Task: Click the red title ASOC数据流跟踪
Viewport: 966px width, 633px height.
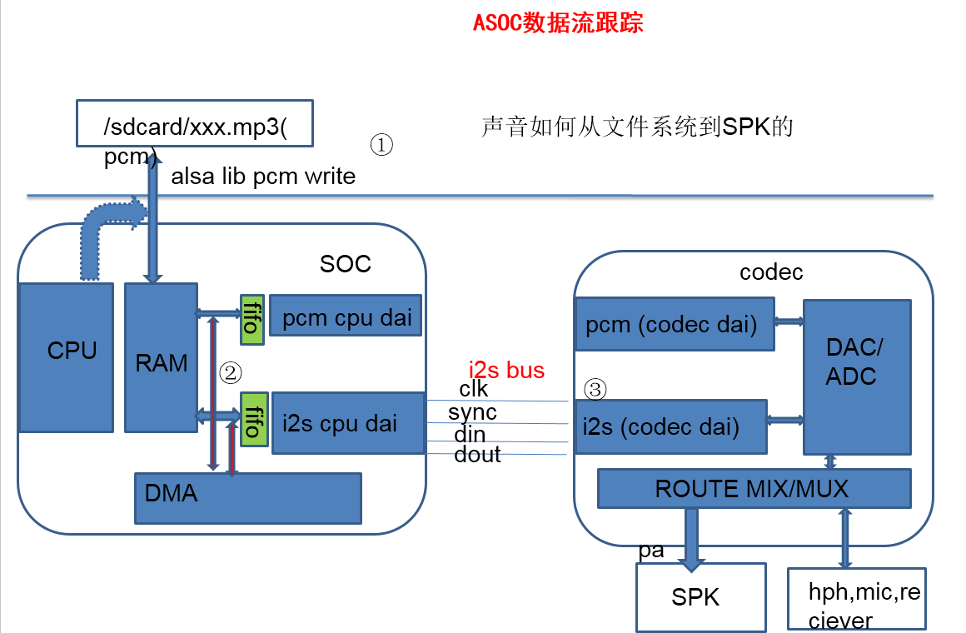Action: (x=558, y=22)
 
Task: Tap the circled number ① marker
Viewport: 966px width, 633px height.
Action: (x=381, y=146)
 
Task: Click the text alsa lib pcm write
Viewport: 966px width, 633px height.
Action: (x=263, y=177)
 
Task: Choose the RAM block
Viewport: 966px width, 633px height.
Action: (x=162, y=358)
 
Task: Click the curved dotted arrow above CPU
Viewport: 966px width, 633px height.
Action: (x=104, y=233)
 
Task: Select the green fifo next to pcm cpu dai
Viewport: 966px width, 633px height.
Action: (x=250, y=318)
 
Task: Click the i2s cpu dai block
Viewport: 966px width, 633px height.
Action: (x=348, y=423)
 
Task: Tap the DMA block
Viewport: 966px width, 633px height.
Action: (x=248, y=497)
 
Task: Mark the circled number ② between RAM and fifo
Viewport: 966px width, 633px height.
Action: (x=230, y=372)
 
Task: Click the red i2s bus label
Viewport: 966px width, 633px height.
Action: (x=506, y=370)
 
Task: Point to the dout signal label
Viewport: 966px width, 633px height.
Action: (x=477, y=455)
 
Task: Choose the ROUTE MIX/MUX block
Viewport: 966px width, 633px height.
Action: (x=754, y=488)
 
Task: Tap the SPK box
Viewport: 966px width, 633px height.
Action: (x=700, y=597)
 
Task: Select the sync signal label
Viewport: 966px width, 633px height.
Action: (x=472, y=412)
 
